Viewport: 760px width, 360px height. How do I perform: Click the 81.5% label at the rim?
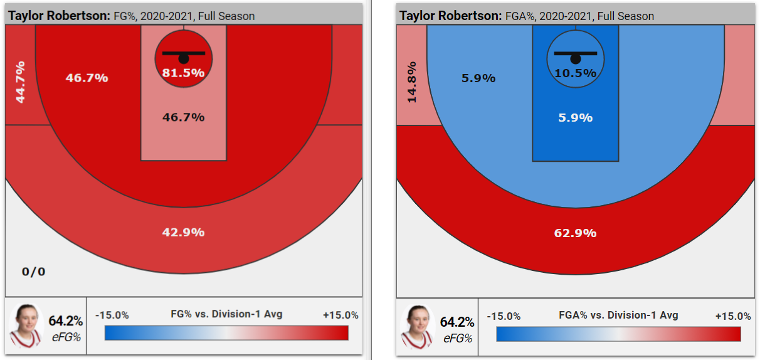(184, 73)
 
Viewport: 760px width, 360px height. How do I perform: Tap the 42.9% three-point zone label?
(183, 232)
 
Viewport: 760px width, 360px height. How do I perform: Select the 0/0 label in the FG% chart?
(33, 272)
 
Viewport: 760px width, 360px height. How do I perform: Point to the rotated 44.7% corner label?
(20, 82)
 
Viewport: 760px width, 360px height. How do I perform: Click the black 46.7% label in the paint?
(183, 117)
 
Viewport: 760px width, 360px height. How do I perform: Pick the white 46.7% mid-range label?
(87, 78)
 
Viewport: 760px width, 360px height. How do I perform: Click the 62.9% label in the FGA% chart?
(575, 233)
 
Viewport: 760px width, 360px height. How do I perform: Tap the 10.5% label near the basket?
(575, 73)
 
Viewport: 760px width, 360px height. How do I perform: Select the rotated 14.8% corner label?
(411, 82)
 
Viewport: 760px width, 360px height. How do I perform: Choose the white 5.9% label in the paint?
(575, 118)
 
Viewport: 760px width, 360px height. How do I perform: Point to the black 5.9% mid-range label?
(478, 78)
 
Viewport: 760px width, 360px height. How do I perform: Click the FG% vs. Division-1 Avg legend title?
(226, 314)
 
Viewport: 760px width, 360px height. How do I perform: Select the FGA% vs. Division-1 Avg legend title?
(618, 315)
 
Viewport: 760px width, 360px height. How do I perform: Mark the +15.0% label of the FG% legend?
(340, 315)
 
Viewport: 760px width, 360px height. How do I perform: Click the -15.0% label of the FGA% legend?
(504, 316)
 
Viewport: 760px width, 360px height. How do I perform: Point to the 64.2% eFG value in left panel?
(65, 321)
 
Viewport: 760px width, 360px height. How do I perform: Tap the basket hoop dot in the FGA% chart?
(575, 58)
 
